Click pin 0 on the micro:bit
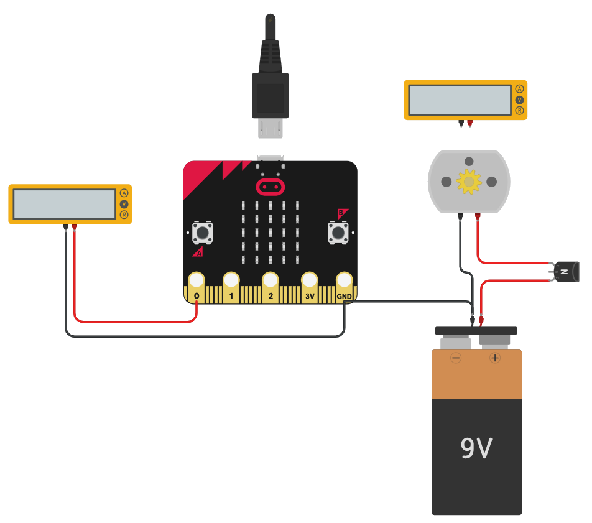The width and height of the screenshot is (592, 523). [197, 281]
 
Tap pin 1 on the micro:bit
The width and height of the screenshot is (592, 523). [231, 281]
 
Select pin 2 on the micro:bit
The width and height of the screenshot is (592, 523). [271, 281]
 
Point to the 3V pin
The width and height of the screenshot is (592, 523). [310, 281]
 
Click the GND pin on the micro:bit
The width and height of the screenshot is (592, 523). [345, 281]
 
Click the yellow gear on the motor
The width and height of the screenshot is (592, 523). [469, 181]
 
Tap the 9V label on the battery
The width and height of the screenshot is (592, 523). [476, 448]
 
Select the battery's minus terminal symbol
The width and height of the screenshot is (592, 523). [456, 358]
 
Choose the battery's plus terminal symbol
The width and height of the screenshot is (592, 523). [495, 358]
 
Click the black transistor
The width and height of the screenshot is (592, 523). [568, 272]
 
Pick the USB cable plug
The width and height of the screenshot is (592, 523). [271, 93]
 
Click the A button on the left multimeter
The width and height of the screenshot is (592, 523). [124, 193]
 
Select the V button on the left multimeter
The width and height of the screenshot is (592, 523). [124, 204]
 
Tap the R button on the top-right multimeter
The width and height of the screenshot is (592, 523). [520, 111]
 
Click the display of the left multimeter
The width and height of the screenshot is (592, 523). [64, 204]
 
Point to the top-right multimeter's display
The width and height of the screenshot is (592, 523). [460, 100]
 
